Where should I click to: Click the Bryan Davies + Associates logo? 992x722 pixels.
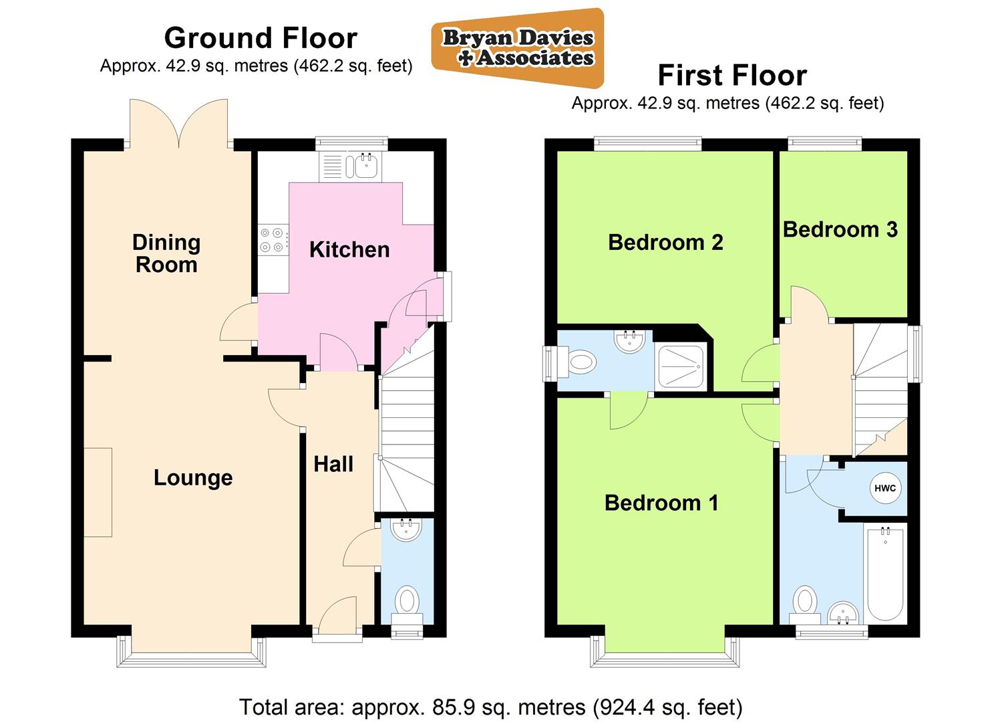click(x=517, y=48)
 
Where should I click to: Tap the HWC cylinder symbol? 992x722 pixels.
click(x=884, y=488)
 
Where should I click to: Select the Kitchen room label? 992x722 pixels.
click(x=349, y=249)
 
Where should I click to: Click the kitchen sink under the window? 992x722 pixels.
click(x=364, y=166)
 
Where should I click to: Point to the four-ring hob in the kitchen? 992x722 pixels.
click(x=273, y=240)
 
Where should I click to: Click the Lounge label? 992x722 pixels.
click(x=193, y=477)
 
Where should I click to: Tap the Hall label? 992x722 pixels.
click(x=333, y=464)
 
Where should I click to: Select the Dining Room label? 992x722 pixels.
click(x=166, y=253)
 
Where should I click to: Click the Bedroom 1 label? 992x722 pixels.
click(x=661, y=503)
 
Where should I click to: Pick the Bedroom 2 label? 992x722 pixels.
click(x=665, y=242)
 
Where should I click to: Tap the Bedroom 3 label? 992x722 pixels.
click(x=840, y=229)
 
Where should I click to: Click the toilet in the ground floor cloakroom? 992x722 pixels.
click(x=406, y=600)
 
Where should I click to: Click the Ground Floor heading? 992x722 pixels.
click(x=261, y=38)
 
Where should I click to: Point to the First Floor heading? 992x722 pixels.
click(x=732, y=76)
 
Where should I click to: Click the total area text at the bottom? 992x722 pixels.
click(x=490, y=707)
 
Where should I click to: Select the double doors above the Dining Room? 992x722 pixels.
click(x=178, y=122)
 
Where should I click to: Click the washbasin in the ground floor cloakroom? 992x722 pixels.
click(x=405, y=530)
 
